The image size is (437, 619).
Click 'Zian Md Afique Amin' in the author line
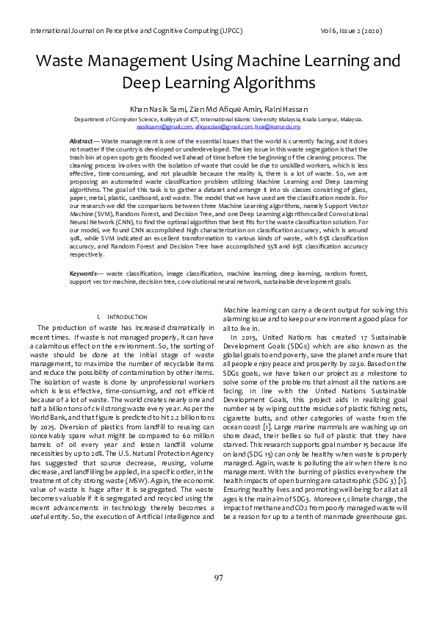(220, 110)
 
